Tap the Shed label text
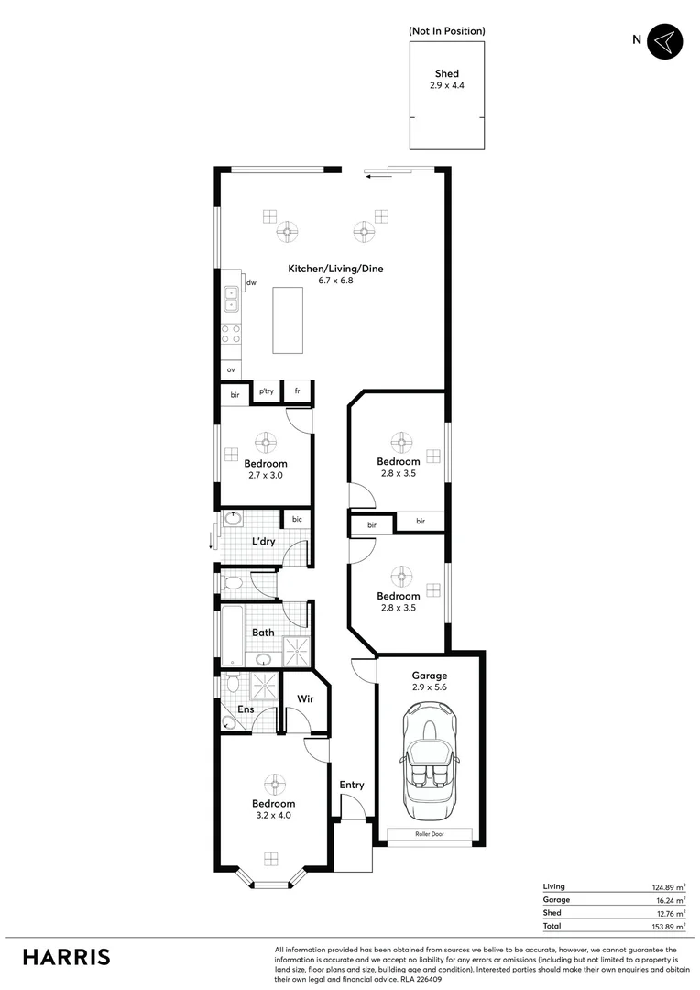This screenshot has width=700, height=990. pos(446,74)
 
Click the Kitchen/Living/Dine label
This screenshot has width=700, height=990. pos(335,269)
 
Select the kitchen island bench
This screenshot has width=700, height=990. pos(289,319)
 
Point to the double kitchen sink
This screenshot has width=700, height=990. pos(230,298)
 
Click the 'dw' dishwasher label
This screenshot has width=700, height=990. pos(251,283)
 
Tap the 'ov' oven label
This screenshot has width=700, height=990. pos(232,369)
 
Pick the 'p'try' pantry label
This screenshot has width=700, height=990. pos(267,391)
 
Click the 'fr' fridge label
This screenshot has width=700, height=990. pos(297,391)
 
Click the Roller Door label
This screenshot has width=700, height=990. pos(430,835)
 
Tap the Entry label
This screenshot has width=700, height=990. pos(351,785)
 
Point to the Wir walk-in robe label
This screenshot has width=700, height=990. pos(305,699)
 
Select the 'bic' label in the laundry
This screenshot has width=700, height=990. pos(297,520)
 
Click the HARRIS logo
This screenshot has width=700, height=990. pos(67,957)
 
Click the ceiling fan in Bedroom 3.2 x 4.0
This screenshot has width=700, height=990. pos(271,785)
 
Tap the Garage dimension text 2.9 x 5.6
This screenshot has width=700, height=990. pos(429,687)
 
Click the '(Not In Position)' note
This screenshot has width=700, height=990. pos(446,31)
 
